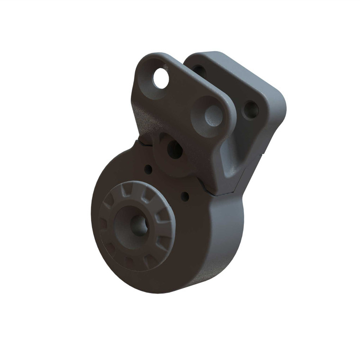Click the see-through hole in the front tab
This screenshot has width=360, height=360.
(161, 78)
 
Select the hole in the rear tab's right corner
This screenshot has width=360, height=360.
(250, 110)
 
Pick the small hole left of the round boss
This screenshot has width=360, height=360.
(148, 169)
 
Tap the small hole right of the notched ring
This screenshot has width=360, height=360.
(185, 196)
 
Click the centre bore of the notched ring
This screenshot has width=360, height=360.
(138, 225)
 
